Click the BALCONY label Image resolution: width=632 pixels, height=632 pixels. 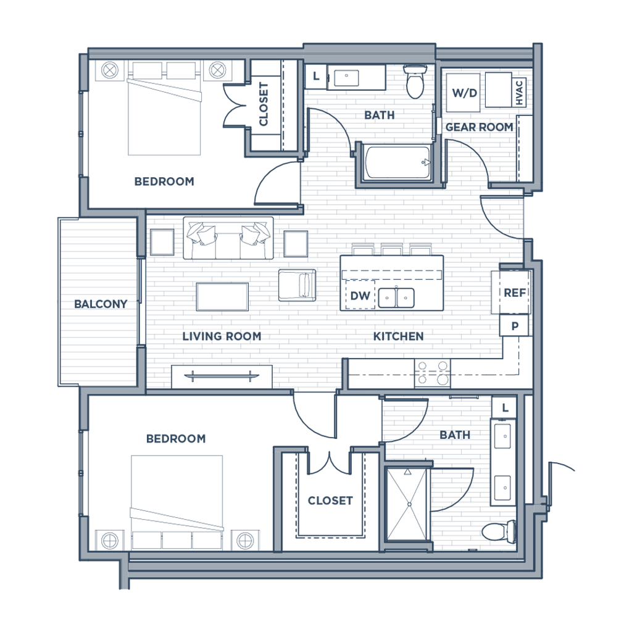(x=101, y=304)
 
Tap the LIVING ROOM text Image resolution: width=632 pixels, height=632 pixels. (x=222, y=336)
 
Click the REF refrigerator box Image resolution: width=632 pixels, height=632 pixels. (x=512, y=293)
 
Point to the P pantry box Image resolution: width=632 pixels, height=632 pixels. (x=513, y=325)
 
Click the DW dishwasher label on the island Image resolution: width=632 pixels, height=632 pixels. (x=359, y=297)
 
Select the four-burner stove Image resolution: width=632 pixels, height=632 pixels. (x=432, y=373)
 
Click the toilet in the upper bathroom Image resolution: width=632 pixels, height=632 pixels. (x=416, y=81)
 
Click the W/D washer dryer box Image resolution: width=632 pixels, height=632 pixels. (x=464, y=93)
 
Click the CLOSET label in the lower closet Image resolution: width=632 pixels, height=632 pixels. (x=330, y=501)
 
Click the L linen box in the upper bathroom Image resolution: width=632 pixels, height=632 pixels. (x=317, y=77)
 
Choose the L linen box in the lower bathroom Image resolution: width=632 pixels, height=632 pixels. (x=505, y=407)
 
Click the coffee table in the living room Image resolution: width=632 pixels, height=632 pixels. (x=222, y=296)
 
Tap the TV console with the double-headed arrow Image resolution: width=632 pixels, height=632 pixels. (x=221, y=375)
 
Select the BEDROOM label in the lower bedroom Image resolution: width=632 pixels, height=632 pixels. (x=175, y=439)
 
